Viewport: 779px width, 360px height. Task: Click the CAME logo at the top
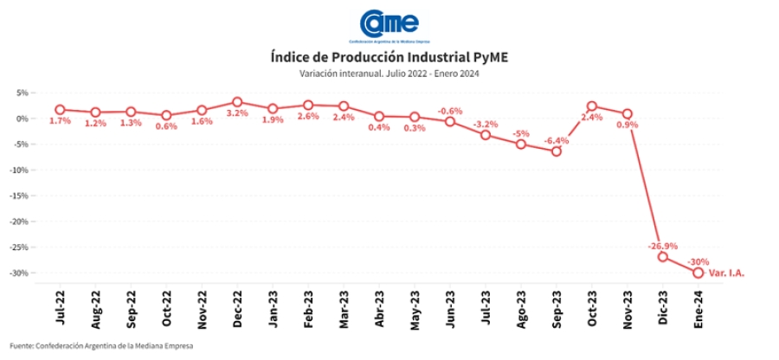coord(389,24)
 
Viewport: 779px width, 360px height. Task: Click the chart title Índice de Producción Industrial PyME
coord(389,57)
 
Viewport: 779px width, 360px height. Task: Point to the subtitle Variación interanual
coord(389,74)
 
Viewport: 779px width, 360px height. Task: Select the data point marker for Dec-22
coord(237,102)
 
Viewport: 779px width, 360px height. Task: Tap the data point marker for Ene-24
coord(698,272)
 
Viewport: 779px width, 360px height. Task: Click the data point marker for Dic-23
coord(663,256)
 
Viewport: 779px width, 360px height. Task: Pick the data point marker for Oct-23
coord(592,106)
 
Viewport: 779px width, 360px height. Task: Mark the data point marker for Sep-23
coord(557,151)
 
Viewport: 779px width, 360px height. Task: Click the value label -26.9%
coord(663,246)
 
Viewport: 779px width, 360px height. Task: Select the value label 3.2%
coord(237,113)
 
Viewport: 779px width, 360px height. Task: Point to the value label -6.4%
coord(557,140)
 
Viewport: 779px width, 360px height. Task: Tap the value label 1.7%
coord(60,121)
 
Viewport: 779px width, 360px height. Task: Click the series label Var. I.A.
coord(727,273)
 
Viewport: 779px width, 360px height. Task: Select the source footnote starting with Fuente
coord(102,346)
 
